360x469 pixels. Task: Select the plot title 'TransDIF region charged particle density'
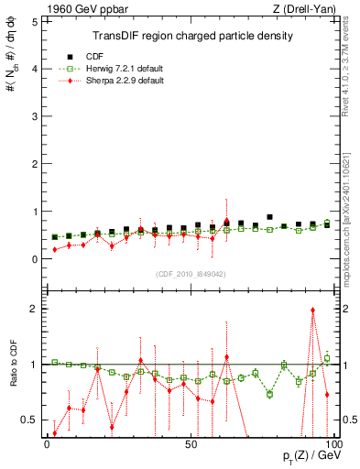click(x=192, y=36)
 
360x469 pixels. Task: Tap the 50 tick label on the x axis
click(x=190, y=443)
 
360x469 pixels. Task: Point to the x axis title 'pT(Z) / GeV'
click(x=306, y=457)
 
